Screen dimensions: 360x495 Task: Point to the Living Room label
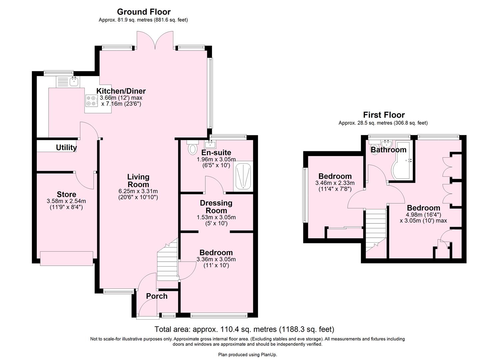[138, 181]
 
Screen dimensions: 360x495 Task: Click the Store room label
[66, 194]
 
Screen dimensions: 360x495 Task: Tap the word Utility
[66, 147]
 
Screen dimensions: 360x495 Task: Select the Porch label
[157, 296]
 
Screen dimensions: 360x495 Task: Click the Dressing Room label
[216, 207]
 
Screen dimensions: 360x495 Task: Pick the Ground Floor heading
[144, 12]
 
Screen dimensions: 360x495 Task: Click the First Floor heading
[384, 115]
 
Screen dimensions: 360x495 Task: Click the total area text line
[244, 329]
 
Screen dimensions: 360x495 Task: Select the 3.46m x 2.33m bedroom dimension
[335, 183]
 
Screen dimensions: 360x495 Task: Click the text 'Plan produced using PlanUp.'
[247, 355]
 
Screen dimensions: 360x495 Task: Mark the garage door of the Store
[66, 259]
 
